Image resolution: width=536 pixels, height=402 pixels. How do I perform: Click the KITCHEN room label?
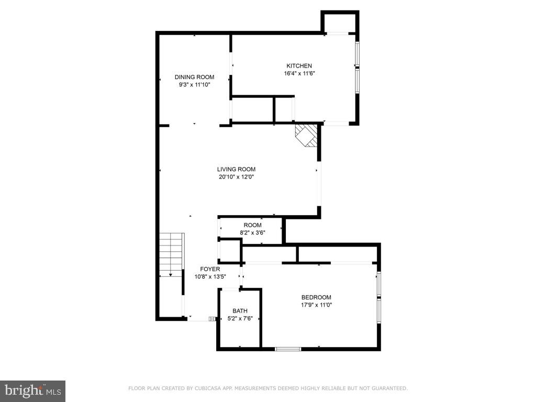pos(299,65)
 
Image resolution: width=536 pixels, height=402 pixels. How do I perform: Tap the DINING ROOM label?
pos(194,77)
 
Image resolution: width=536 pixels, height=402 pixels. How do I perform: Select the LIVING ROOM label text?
pos(236,169)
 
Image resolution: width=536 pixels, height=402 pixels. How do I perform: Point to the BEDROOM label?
pos(316,297)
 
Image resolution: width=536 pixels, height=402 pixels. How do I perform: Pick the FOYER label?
pos(210,269)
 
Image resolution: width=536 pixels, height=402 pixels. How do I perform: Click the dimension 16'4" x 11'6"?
pos(299,73)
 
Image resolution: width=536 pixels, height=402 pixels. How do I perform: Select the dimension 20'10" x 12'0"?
pos(236,177)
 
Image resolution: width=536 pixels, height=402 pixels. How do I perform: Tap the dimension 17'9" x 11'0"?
pos(316,305)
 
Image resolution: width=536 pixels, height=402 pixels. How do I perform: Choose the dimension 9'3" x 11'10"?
pos(194,84)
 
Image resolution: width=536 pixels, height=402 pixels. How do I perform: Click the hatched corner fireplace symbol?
pos(307,136)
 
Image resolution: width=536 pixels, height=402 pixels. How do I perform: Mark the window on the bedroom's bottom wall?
pos(288,349)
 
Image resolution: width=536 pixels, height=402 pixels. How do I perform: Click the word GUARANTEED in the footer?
pos(388,388)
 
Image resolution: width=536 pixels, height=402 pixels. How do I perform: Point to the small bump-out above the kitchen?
pos(340,23)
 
